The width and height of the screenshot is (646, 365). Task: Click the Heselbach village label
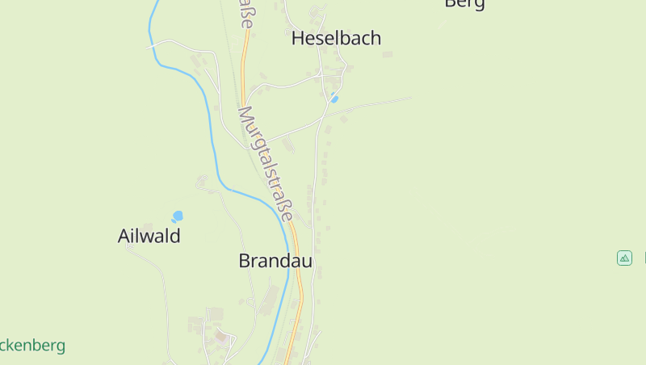coord(336,38)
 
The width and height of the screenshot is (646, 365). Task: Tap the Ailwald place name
coord(149,237)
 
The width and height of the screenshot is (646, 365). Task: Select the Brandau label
coord(275,261)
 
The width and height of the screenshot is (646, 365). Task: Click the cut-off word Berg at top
coord(464,3)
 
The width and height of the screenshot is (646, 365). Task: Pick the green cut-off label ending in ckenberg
coord(32,346)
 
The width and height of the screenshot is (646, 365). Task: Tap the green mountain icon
coord(624,258)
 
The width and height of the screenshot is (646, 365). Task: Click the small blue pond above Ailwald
coord(178,216)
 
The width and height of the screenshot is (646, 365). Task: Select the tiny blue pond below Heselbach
coord(334,99)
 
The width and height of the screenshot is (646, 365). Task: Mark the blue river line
coord(212,129)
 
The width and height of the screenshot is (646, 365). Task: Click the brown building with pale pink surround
coord(220,335)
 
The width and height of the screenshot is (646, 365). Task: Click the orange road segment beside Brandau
coord(298,266)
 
